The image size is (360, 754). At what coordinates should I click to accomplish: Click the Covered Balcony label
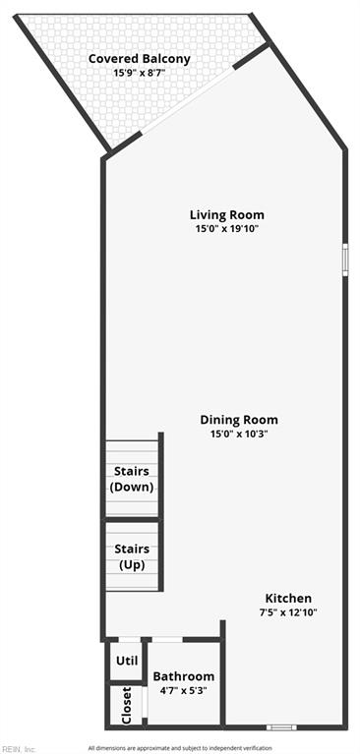[140, 59]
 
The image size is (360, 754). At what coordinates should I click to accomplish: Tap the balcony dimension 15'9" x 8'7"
[140, 73]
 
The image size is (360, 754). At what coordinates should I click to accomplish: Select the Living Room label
[227, 214]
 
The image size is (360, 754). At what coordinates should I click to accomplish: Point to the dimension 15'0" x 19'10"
[227, 229]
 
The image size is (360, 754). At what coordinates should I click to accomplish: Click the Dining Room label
[239, 420]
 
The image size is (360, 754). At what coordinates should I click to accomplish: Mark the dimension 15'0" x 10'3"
[239, 434]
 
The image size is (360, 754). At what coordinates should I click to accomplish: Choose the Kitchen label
[289, 599]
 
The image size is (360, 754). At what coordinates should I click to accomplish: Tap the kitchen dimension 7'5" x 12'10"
[288, 612]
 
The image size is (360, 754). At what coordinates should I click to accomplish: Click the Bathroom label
[184, 676]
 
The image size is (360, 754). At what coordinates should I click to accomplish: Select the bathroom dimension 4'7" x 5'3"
[183, 690]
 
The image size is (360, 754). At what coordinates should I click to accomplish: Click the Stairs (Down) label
[132, 479]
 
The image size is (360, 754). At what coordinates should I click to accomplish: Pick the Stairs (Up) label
[132, 556]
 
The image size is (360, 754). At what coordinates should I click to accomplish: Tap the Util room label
[127, 661]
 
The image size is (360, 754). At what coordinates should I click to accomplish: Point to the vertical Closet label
[126, 706]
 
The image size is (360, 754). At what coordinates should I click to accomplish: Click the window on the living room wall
[345, 260]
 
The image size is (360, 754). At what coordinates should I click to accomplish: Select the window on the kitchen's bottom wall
[282, 727]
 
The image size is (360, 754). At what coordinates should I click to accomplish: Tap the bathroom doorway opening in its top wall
[167, 640]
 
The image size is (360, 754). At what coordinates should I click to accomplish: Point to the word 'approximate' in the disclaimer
[143, 748]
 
